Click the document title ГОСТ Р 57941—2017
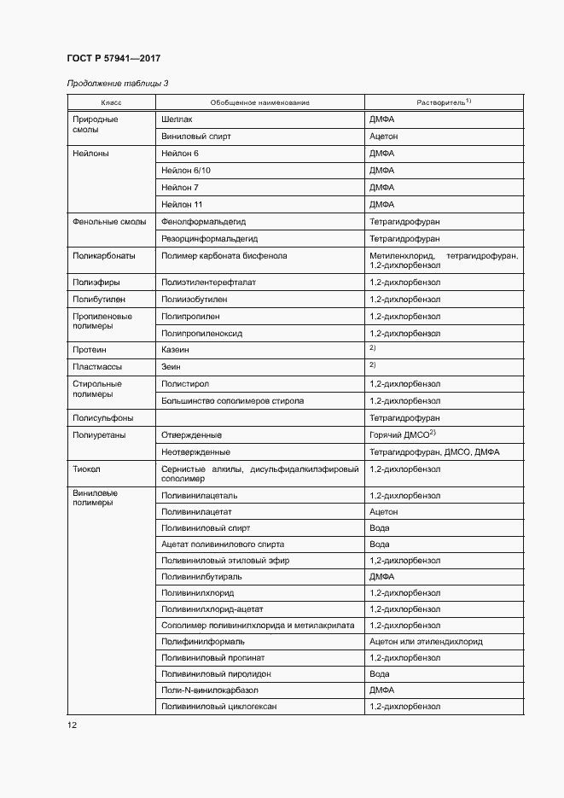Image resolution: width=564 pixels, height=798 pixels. pyautogui.click(x=113, y=58)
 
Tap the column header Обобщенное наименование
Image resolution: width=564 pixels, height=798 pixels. pyautogui.click(x=259, y=102)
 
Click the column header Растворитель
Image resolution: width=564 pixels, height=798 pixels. pyautogui.click(x=444, y=102)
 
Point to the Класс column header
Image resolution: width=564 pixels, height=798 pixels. pyautogui.click(x=111, y=102)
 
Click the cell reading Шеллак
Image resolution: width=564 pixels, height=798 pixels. pyautogui.click(x=176, y=119)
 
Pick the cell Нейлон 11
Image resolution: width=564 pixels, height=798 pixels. pyautogui.click(x=181, y=204)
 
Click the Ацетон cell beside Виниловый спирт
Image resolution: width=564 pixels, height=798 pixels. pyautogui.click(x=384, y=137)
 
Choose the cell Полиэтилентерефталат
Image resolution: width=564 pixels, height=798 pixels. pyautogui.click(x=208, y=282)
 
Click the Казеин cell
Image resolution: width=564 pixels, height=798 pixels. pyautogui.click(x=175, y=350)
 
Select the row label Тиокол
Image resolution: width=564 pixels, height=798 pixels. pyautogui.click(x=88, y=469)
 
